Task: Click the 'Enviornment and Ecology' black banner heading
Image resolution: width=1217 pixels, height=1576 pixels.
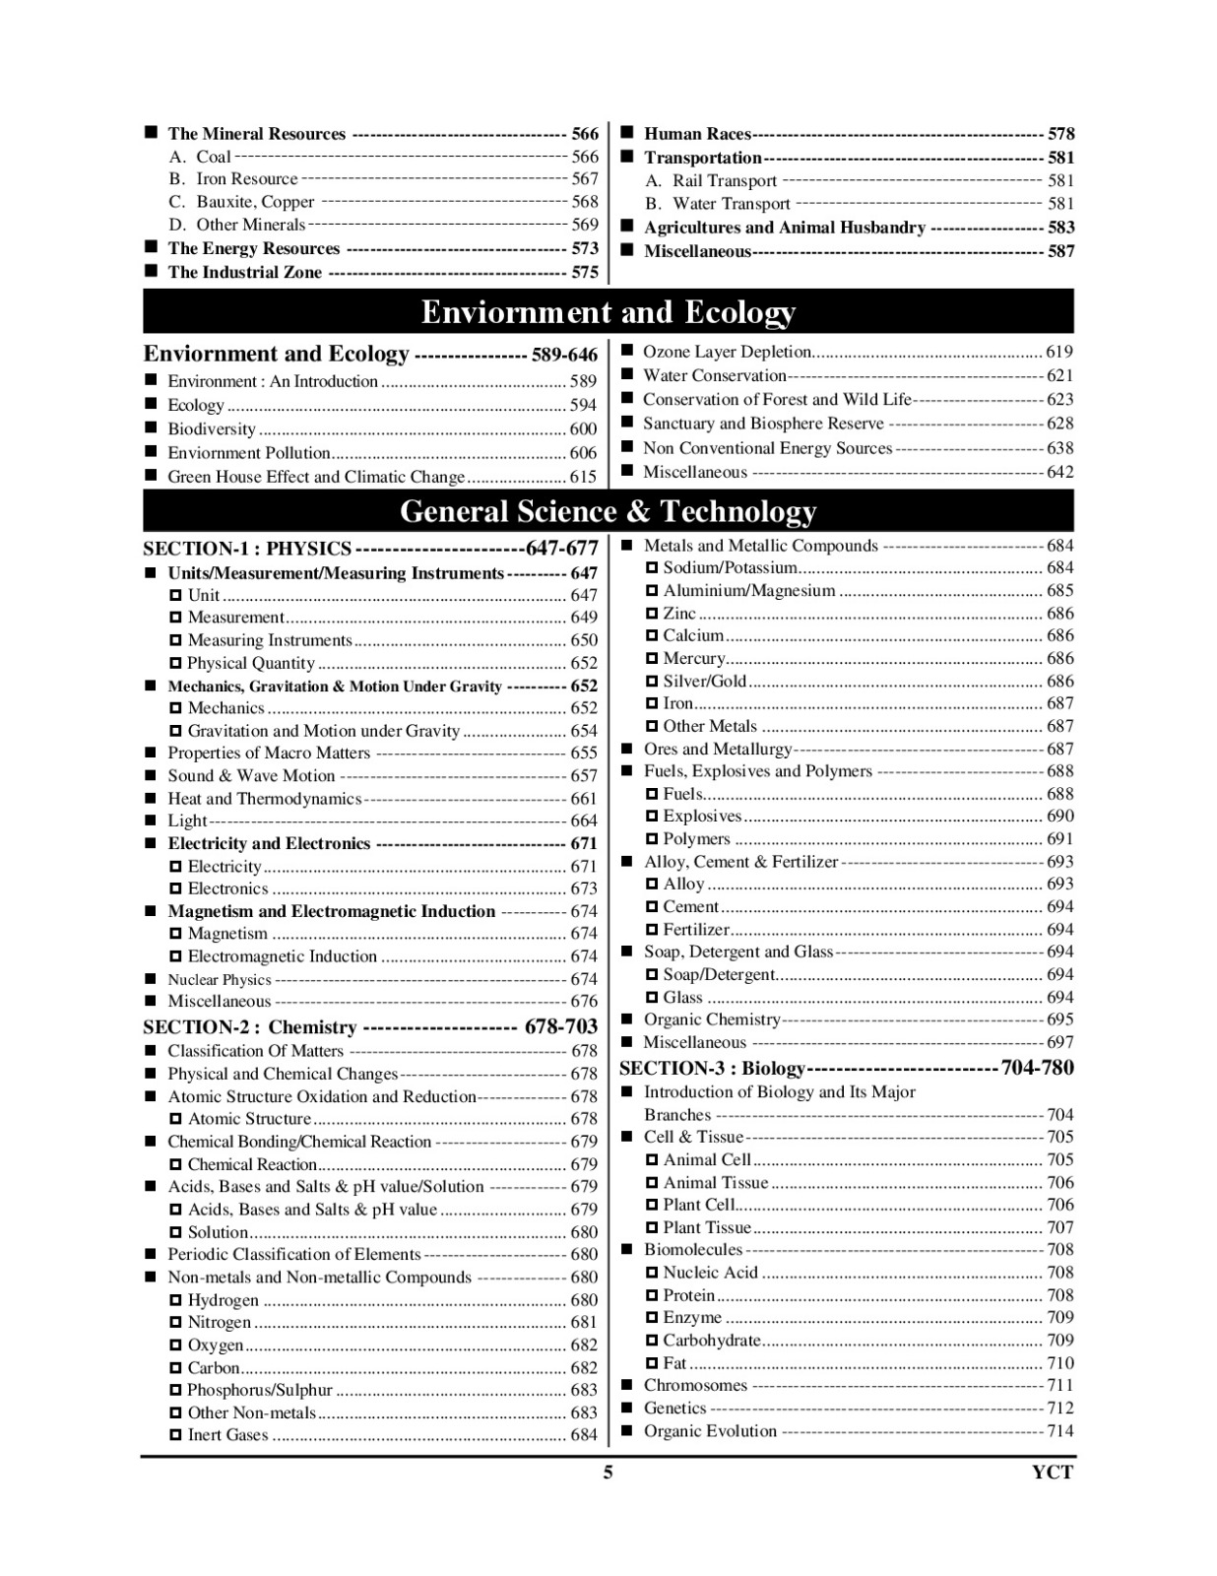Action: pyautogui.click(x=608, y=312)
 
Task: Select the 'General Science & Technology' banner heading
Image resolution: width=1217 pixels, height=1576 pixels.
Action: pyautogui.click(x=608, y=511)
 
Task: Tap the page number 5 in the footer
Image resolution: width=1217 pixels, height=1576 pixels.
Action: pyautogui.click(x=608, y=1473)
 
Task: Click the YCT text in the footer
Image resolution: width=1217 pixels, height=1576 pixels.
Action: pyautogui.click(x=1052, y=1473)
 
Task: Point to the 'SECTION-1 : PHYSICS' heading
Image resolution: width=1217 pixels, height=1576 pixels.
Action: pyautogui.click(x=247, y=549)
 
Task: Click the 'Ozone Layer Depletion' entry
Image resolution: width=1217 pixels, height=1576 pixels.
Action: pyautogui.click(x=727, y=352)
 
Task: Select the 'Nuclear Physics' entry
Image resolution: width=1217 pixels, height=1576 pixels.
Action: pyautogui.click(x=219, y=979)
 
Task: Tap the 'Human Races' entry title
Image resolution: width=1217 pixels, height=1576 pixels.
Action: pyautogui.click(x=697, y=134)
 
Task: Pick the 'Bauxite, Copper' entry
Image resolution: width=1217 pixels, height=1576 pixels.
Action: pyautogui.click(x=255, y=202)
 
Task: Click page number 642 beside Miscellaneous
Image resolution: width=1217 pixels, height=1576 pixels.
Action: pyautogui.click(x=1059, y=472)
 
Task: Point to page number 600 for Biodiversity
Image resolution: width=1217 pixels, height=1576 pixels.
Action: pyautogui.click(x=583, y=428)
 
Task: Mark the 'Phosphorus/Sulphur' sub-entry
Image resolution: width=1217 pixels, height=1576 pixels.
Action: pyautogui.click(x=260, y=1390)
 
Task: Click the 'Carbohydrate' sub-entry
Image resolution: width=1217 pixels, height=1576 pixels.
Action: pyautogui.click(x=712, y=1340)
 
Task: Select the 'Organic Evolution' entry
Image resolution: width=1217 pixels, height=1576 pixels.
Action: pyautogui.click(x=710, y=1430)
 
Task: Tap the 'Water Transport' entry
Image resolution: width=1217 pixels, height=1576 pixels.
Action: pyautogui.click(x=731, y=204)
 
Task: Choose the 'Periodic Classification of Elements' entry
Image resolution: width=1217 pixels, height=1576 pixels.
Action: pyautogui.click(x=293, y=1254)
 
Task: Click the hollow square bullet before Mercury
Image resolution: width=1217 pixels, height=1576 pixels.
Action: pyautogui.click(x=652, y=658)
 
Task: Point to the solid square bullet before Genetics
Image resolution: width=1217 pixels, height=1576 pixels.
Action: pyautogui.click(x=626, y=1408)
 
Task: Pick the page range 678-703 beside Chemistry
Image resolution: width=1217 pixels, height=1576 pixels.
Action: pyautogui.click(x=561, y=1026)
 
